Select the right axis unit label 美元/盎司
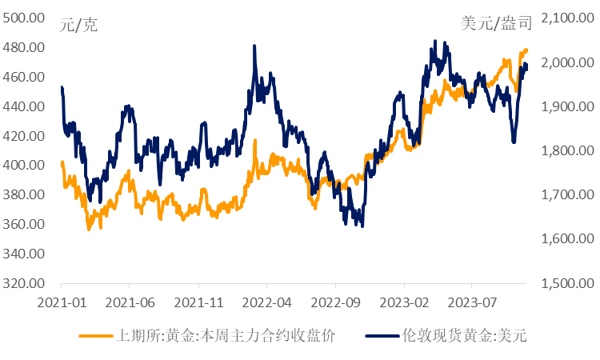(x=496, y=25)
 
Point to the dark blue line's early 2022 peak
(x=254, y=46)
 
